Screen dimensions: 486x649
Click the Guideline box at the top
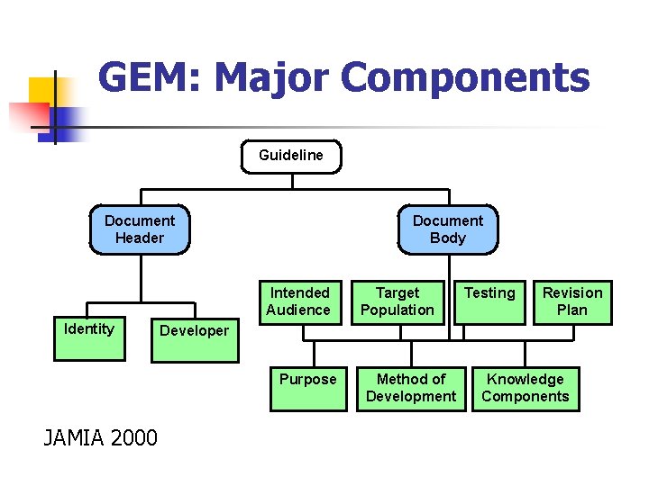[291, 156]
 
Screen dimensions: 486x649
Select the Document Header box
[140, 229]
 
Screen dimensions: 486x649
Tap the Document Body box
[448, 229]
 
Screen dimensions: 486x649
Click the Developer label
[194, 331]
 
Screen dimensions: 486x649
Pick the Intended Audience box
[300, 301]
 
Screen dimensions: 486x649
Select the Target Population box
[398, 301]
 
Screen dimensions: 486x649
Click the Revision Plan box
[572, 301]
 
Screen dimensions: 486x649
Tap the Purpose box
[308, 388]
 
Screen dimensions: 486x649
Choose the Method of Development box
[411, 388]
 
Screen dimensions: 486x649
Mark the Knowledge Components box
[526, 388]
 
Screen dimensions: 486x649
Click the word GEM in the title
[147, 78]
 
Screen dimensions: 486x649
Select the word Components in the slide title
[467, 78]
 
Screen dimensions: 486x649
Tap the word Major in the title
[273, 78]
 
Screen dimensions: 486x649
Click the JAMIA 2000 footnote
[100, 438]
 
